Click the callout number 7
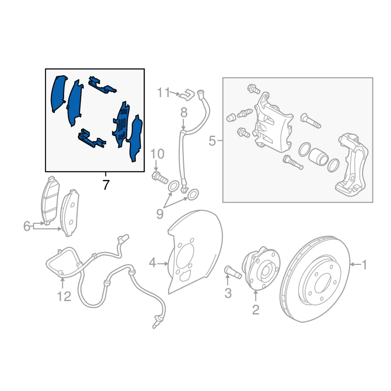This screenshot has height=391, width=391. [x=106, y=185]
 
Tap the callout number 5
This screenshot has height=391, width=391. [x=212, y=141]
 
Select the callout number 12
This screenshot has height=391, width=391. [x=64, y=296]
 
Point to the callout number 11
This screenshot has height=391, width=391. [x=163, y=93]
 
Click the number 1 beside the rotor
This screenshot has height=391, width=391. [x=365, y=264]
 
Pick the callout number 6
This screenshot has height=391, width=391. [x=27, y=226]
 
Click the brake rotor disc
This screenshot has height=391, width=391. [x=315, y=279]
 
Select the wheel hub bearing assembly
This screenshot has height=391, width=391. [x=261, y=268]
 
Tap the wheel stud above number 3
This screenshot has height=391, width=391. [x=233, y=272]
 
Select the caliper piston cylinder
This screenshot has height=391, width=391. [x=319, y=156]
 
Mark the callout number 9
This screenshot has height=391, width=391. [x=160, y=214]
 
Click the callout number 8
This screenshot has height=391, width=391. [x=184, y=113]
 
